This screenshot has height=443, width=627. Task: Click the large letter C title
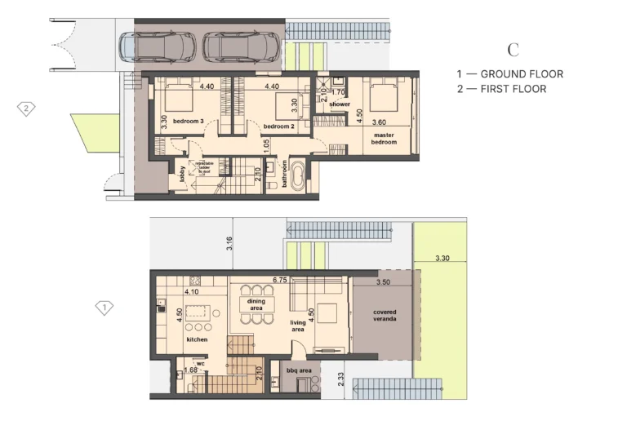point(513,51)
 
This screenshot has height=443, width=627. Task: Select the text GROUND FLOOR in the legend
point(522,74)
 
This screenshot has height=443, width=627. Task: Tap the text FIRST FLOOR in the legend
point(514,89)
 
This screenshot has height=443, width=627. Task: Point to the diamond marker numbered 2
point(27,108)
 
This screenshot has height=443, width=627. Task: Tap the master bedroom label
point(385,139)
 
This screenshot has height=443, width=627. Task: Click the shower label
point(340,104)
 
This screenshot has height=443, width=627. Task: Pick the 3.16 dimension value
point(230,241)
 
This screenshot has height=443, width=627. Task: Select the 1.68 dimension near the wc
point(191,370)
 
